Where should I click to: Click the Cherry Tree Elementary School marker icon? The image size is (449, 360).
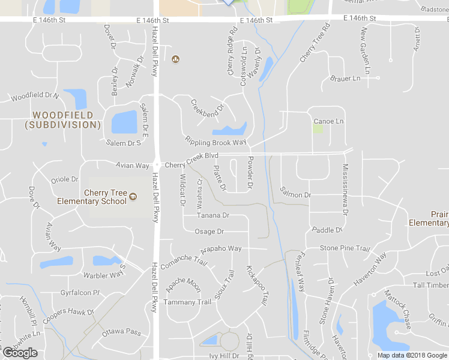coord(133,196)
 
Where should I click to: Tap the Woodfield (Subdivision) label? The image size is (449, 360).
coord(62,120)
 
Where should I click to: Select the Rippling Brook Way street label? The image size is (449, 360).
coord(215,142)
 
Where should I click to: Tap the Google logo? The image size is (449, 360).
coord(20,353)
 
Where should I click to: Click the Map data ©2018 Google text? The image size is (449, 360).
coord(412,355)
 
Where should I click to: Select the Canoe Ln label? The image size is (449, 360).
coord(328,121)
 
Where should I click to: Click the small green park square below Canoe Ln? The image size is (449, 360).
coord(318,129)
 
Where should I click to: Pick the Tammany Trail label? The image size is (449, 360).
coord(188,302)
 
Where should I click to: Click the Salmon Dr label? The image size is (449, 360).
coord(295,195)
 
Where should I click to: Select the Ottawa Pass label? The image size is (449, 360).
coord(121,332)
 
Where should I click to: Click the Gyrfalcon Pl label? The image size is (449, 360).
coord(80,293)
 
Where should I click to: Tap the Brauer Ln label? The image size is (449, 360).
coord(345,79)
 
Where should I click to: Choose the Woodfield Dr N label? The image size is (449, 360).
coord(35,95)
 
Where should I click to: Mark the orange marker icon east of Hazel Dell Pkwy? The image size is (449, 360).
coord(175,59)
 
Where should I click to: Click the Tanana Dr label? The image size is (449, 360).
coord(213,215)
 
